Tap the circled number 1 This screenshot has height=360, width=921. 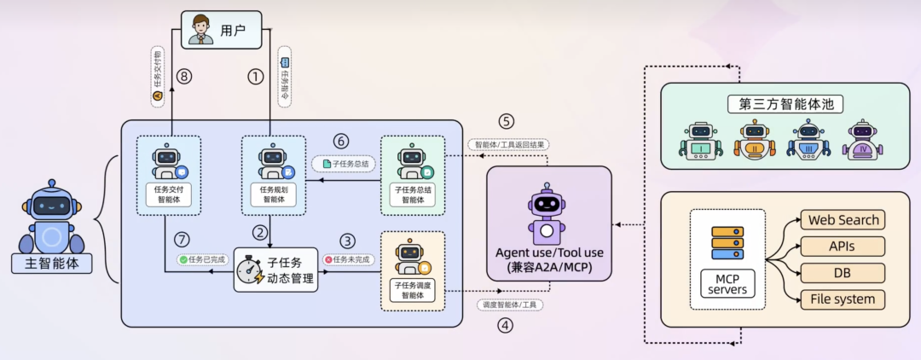(x=256, y=77)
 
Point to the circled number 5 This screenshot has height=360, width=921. (x=507, y=121)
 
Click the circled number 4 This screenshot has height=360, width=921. (x=507, y=324)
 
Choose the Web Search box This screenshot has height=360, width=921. (x=843, y=219)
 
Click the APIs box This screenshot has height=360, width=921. (x=843, y=247)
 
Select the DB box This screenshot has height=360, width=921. (x=843, y=273)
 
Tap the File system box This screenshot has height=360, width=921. (x=843, y=299)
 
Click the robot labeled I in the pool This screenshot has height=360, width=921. (x=700, y=142)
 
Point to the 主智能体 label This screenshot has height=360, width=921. (x=51, y=264)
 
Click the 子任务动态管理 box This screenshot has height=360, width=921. (x=275, y=270)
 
